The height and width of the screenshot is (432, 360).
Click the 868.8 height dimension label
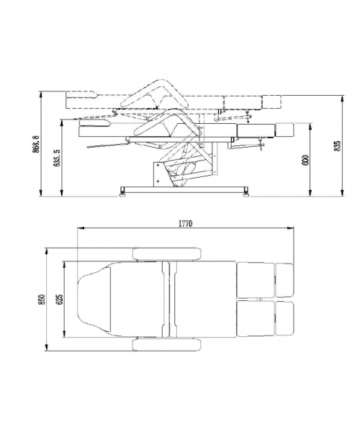[37, 144]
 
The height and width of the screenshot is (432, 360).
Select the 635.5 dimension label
[57, 158]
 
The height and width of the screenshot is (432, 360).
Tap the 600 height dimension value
[306, 161]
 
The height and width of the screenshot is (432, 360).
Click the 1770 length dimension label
[185, 223]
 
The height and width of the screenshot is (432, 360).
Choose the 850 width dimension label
[42, 300]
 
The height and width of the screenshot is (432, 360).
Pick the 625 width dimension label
[60, 300]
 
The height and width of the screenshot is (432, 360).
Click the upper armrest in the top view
[166, 253]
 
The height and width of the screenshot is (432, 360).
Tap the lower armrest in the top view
[166, 344]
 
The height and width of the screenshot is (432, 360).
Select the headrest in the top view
[94, 300]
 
